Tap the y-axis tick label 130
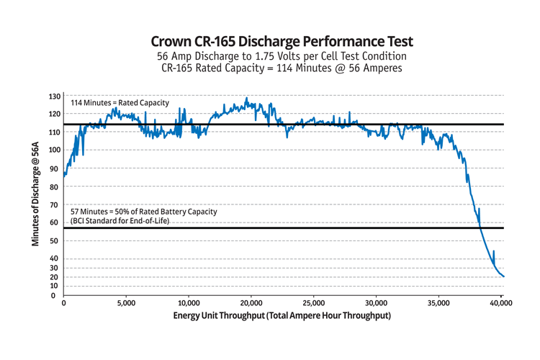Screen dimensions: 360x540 pyautogui.click(x=55, y=96)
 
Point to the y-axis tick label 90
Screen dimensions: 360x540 pyautogui.click(x=55, y=168)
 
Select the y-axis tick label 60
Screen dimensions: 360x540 pyautogui.click(x=55, y=222)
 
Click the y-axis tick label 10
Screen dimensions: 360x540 pyautogui.click(x=55, y=286)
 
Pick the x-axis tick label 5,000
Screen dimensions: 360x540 pyautogui.click(x=126, y=303)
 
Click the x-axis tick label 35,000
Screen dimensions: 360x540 pyautogui.click(x=438, y=303)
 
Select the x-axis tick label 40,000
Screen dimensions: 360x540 pyautogui.click(x=501, y=303)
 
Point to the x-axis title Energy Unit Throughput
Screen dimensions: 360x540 pyautogui.click(x=282, y=317)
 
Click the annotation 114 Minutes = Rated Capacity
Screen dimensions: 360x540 pyautogui.click(x=120, y=103)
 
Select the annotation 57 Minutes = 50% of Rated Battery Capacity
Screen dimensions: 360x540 pyautogui.click(x=143, y=212)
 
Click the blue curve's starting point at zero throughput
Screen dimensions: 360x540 pyautogui.click(x=64, y=175)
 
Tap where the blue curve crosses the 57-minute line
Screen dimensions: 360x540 pyautogui.click(x=480, y=228)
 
